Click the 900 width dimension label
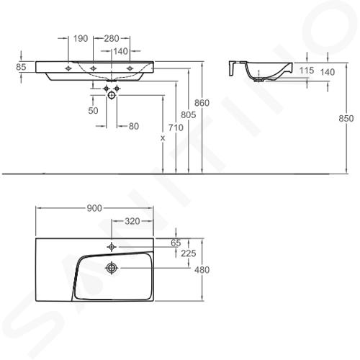click(94, 208)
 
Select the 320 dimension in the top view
click(132, 221)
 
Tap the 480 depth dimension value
click(202, 270)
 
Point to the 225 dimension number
click(189, 253)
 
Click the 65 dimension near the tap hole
click(176, 243)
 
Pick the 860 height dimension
click(202, 103)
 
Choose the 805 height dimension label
click(189, 115)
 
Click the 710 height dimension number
click(176, 127)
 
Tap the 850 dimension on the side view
click(346, 118)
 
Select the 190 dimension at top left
click(81, 38)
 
